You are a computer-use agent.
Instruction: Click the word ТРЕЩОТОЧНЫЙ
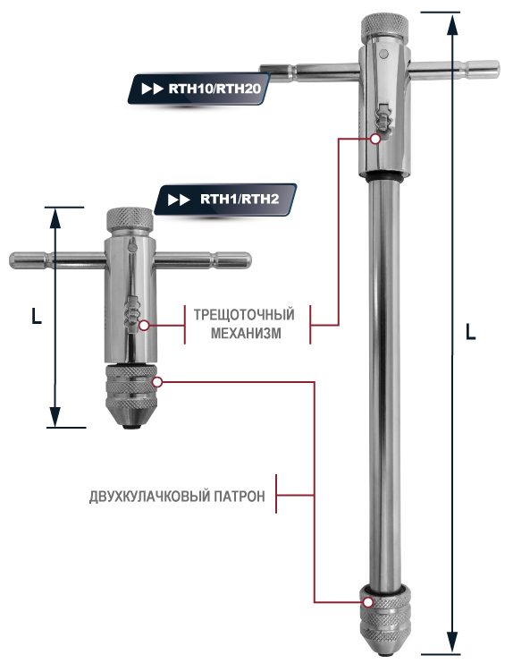[x=244, y=315]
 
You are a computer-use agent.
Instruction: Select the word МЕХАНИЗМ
[x=246, y=333]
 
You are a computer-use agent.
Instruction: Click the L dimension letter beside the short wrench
[x=37, y=316]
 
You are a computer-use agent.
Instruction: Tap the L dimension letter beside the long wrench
[x=471, y=332]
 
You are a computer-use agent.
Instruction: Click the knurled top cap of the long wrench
[x=384, y=26]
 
